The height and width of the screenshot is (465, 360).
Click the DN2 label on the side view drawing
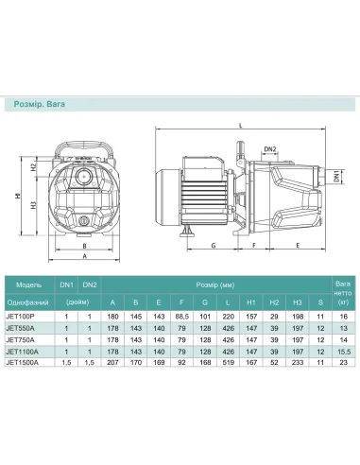[x=269, y=148]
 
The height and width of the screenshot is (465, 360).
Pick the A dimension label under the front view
[x=85, y=255]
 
